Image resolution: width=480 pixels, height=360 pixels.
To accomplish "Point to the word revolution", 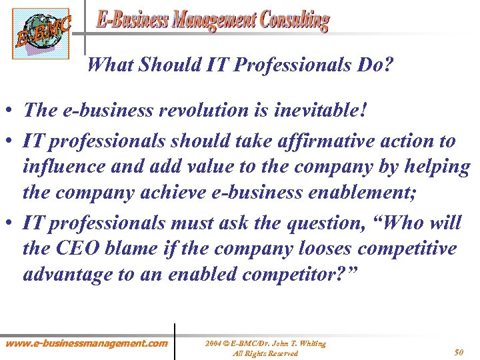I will tap(199, 110).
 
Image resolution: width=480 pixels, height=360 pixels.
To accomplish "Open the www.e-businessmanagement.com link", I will tap(87, 344).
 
